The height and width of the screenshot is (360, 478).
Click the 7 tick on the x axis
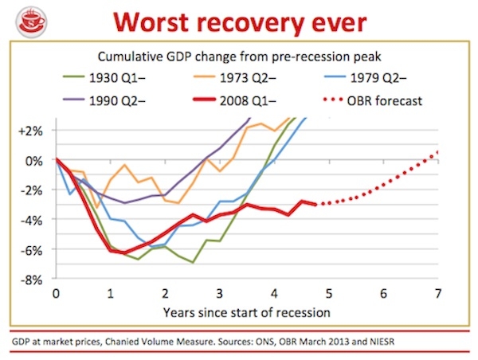(437, 292)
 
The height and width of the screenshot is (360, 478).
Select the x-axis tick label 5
(328, 292)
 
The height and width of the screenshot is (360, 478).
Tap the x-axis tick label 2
(165, 292)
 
